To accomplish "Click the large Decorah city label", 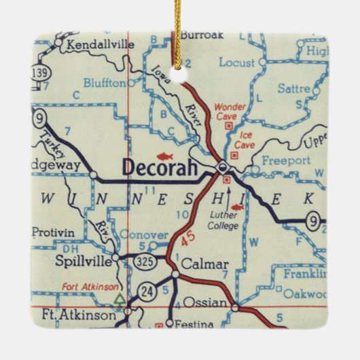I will click(160, 166).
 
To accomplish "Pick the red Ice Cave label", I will click(243, 139).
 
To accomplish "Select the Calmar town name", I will click(204, 264).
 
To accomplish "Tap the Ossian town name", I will click(203, 301).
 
